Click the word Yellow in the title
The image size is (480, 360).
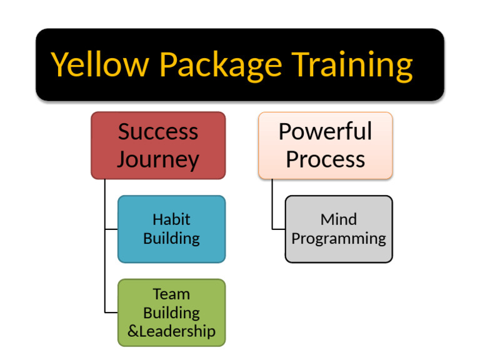tap(100, 64)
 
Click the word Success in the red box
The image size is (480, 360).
tap(158, 132)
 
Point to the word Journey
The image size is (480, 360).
tap(158, 159)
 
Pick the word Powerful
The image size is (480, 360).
tap(325, 132)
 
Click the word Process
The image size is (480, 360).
tap(325, 159)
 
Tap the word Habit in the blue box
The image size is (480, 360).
tap(171, 219)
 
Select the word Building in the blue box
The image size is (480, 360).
tap(171, 239)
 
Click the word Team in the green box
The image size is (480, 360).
tap(171, 294)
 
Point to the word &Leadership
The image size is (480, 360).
tap(171, 331)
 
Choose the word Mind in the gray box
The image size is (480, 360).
tap(339, 219)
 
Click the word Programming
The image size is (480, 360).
tap(339, 239)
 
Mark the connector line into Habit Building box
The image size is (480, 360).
tap(111, 229)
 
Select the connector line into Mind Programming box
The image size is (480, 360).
tap(279, 229)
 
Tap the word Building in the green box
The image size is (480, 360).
tap(171, 312)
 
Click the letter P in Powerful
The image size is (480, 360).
tap(286, 132)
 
